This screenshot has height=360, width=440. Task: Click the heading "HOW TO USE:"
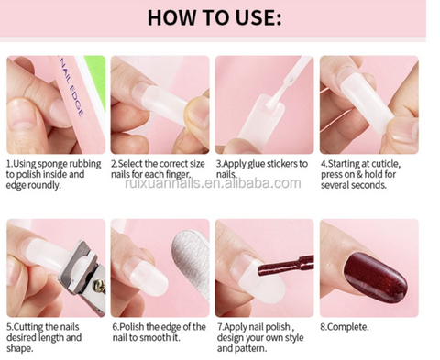[x=214, y=17]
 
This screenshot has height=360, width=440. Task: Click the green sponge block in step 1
[x=96, y=81]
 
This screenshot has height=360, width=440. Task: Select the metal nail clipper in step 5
[x=84, y=275]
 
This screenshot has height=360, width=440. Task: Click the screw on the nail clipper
[x=99, y=288]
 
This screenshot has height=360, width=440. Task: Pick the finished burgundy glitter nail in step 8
[x=375, y=278]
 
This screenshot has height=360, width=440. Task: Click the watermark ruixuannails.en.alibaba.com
[x=213, y=183]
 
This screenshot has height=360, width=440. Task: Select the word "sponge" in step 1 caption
[x=51, y=164]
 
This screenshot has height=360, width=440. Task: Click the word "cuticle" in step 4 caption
[x=385, y=164]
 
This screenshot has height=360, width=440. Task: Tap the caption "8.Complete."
[x=345, y=327]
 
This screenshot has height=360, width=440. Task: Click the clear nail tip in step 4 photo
[x=365, y=101]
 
